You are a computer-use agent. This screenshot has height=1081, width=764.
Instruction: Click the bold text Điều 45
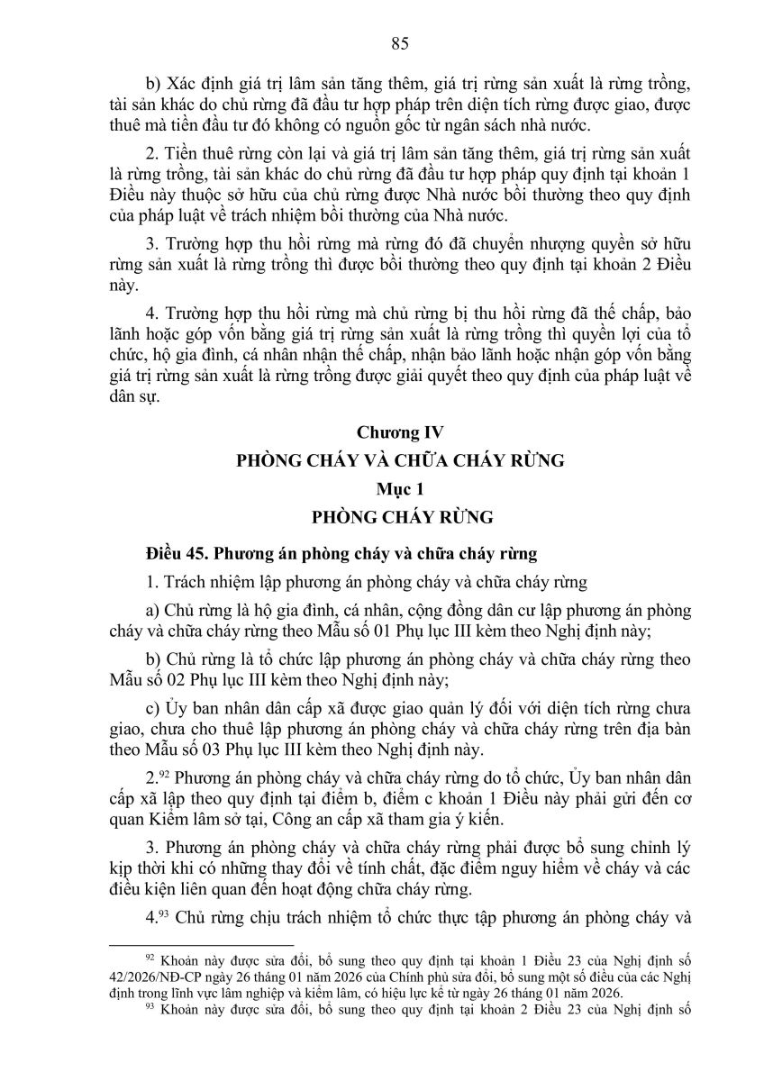[169, 551]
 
